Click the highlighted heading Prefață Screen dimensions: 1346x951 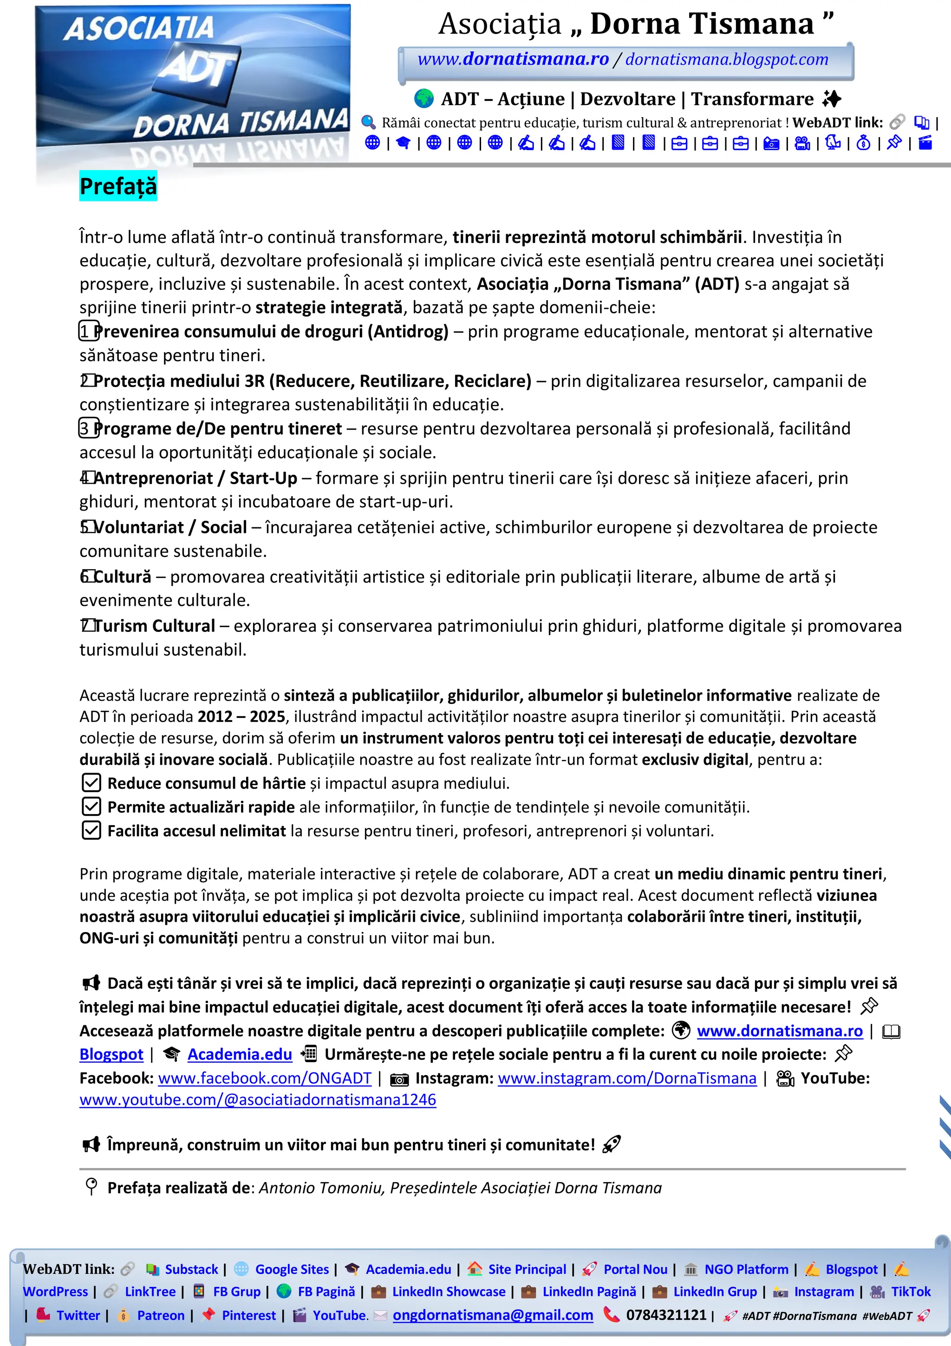[x=118, y=186]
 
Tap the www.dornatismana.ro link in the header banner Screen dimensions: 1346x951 [x=513, y=59]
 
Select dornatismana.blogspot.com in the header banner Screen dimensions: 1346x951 [x=727, y=59]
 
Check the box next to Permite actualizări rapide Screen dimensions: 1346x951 [x=91, y=807]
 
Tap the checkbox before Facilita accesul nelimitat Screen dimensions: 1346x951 [x=91, y=831]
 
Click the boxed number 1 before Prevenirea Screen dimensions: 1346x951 [x=88, y=331]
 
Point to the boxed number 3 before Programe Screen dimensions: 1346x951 [x=88, y=428]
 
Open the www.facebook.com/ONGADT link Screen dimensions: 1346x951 [x=264, y=1077]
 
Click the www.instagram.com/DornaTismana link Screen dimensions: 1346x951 [x=627, y=1077]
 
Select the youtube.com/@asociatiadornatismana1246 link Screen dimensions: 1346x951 [x=258, y=1099]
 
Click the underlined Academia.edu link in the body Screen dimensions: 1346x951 [x=240, y=1054]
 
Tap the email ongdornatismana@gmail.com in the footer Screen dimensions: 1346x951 [x=493, y=1315]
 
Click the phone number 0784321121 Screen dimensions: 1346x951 [x=666, y=1315]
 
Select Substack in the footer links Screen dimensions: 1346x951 [x=191, y=1269]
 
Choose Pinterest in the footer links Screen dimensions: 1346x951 [x=248, y=1315]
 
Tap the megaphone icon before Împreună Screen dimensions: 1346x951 [x=91, y=1144]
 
